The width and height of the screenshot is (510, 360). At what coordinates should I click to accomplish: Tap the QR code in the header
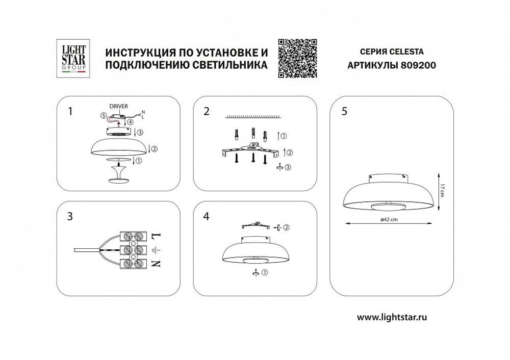[298, 58]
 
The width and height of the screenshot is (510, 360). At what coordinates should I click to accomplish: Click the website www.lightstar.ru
[392, 317]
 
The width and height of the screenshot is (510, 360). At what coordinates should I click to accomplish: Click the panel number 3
[69, 216]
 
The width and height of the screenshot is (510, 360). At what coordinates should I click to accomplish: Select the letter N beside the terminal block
[156, 264]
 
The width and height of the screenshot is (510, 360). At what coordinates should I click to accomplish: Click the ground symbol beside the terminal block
[156, 250]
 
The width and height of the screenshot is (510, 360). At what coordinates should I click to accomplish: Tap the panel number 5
[345, 112]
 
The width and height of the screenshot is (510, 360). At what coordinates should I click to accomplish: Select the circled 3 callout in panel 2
[289, 167]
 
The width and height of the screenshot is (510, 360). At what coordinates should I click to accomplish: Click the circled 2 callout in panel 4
[286, 227]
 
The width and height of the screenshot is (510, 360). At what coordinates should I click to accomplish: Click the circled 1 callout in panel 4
[265, 273]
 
